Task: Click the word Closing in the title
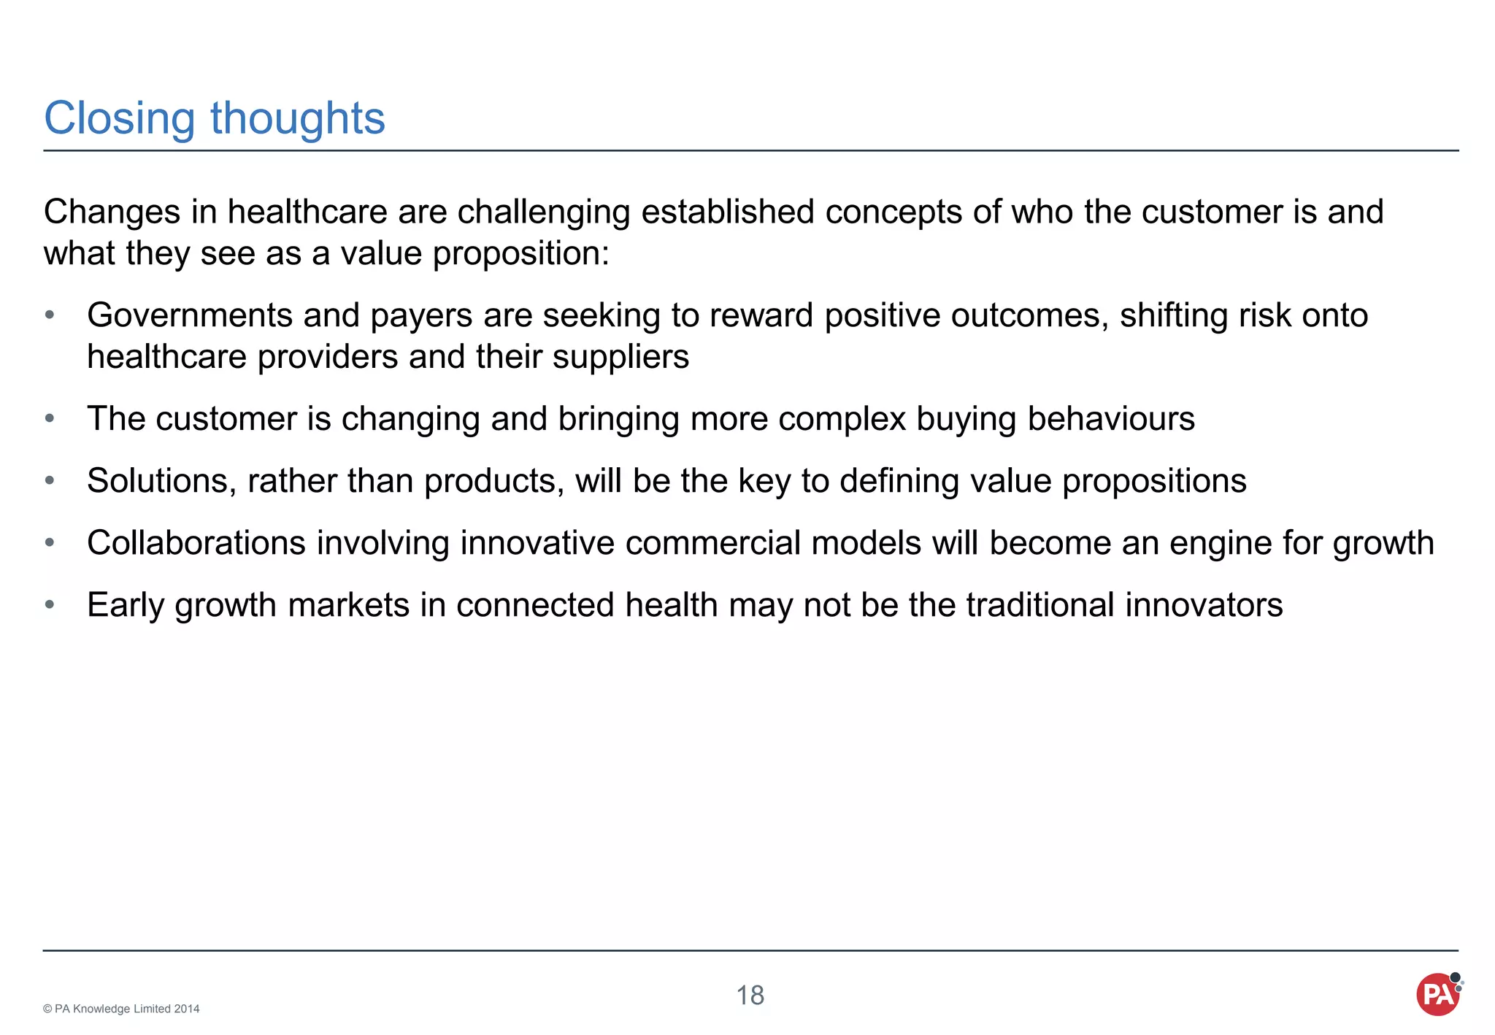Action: point(119,118)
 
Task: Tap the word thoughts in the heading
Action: point(297,118)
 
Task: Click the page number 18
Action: point(750,996)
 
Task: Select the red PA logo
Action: point(1438,994)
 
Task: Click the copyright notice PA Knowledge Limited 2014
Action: point(121,1009)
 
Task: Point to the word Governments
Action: point(189,315)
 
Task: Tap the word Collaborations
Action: point(196,543)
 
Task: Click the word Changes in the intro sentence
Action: point(112,212)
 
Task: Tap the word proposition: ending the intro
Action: point(520,253)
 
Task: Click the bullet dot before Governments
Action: point(50,315)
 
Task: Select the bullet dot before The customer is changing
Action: point(50,419)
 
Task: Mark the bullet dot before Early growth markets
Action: point(50,605)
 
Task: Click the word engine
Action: point(1218,544)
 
